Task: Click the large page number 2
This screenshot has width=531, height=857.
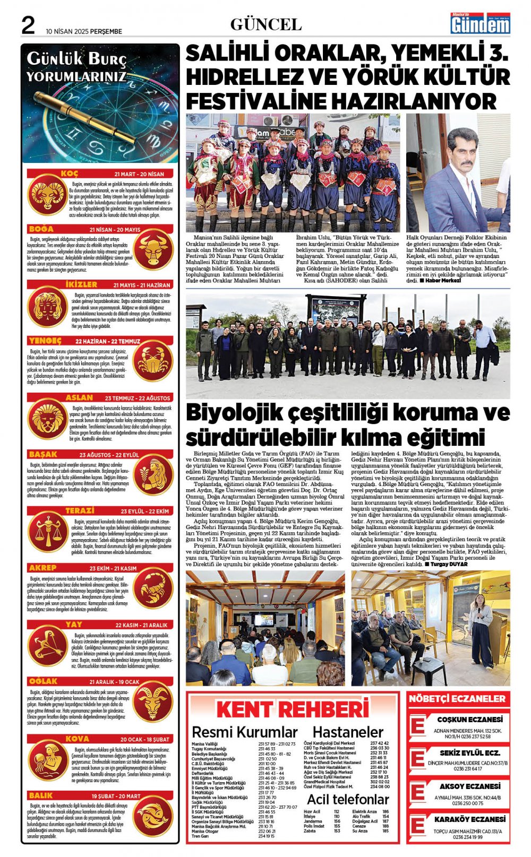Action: pyautogui.click(x=28, y=24)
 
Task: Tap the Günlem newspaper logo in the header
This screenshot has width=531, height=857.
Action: pyautogui.click(x=480, y=24)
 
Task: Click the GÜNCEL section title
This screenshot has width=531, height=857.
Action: pyautogui.click(x=265, y=24)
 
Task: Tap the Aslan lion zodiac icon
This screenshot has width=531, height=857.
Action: pyautogui.click(x=47, y=419)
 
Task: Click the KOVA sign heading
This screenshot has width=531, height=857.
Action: pyautogui.click(x=77, y=739)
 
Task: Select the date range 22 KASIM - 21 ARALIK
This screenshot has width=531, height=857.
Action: pyautogui.click(x=141, y=625)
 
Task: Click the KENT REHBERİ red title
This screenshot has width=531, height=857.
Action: pyautogui.click(x=292, y=709)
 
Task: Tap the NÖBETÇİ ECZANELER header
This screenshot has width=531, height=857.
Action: pyautogui.click(x=457, y=699)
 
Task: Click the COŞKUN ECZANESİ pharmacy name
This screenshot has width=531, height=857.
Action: pyautogui.click(x=469, y=720)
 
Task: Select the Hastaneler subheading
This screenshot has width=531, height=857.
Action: pyautogui.click(x=348, y=732)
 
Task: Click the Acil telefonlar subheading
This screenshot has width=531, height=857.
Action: pyautogui.click(x=348, y=799)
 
